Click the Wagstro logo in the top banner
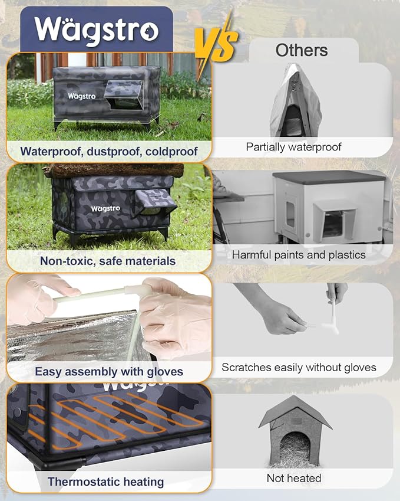[x=95, y=29]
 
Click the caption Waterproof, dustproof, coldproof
[x=109, y=151]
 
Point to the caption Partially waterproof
[x=293, y=147]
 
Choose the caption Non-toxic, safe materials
[x=108, y=260]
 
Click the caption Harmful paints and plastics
[x=299, y=255]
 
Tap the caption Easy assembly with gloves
[x=109, y=371]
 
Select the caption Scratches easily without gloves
[x=299, y=367]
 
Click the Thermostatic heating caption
[x=106, y=482]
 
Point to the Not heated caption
[x=294, y=477]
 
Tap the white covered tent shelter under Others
[x=295, y=107]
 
